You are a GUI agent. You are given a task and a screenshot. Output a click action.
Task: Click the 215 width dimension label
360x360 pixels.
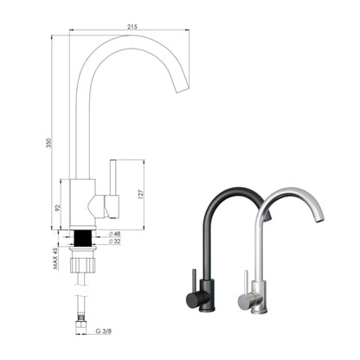132,27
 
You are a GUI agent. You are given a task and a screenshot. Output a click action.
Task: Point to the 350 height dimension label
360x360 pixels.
49,144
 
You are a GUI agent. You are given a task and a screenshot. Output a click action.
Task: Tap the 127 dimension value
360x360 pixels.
140,195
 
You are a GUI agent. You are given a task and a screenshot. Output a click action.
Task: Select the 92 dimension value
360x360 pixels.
58,208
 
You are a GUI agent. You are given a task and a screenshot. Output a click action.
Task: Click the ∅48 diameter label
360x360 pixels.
114,234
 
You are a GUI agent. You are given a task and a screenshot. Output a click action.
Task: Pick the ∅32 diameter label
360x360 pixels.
114,241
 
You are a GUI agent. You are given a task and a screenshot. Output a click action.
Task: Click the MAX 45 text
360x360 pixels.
55,259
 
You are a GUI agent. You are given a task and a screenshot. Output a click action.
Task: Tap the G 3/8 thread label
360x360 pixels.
104,331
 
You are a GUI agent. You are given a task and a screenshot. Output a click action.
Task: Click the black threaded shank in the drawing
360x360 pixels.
83,238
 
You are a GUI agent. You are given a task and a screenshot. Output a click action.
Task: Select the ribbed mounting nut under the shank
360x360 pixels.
83,264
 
